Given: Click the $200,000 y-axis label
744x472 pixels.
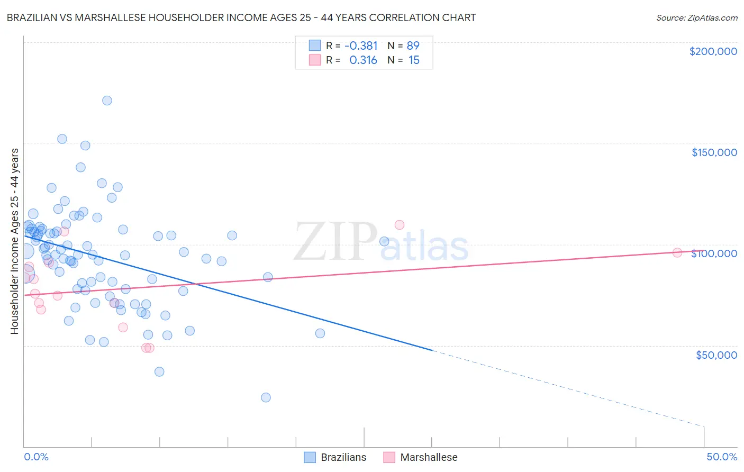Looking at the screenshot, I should (713, 51).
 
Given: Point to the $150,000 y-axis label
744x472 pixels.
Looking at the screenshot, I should (714, 152).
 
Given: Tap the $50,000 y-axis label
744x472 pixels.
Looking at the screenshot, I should (716, 355).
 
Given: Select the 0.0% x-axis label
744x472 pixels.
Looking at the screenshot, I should (36, 457).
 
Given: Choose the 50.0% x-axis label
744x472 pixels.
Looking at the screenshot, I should (721, 457).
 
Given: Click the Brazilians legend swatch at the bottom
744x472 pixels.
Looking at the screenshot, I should (310, 457).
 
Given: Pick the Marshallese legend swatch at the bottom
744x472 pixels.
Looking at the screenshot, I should (389, 457).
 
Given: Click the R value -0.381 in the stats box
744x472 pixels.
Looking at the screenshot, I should (361, 46).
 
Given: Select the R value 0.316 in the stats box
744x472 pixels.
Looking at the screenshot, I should (363, 60).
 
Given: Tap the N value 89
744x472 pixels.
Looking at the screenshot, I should (413, 46).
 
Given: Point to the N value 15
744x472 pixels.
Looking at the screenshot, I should (414, 60).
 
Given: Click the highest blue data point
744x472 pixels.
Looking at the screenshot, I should (107, 101).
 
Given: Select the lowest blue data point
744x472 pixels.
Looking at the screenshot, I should (266, 397).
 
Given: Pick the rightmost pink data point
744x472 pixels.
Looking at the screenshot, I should (677, 252).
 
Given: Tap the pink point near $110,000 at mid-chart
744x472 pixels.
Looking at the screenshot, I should (400, 225).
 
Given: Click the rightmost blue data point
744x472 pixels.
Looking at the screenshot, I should (384, 241).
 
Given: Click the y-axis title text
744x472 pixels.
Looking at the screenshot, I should (14, 241).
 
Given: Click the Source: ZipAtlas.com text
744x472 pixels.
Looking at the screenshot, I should (696, 18).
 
